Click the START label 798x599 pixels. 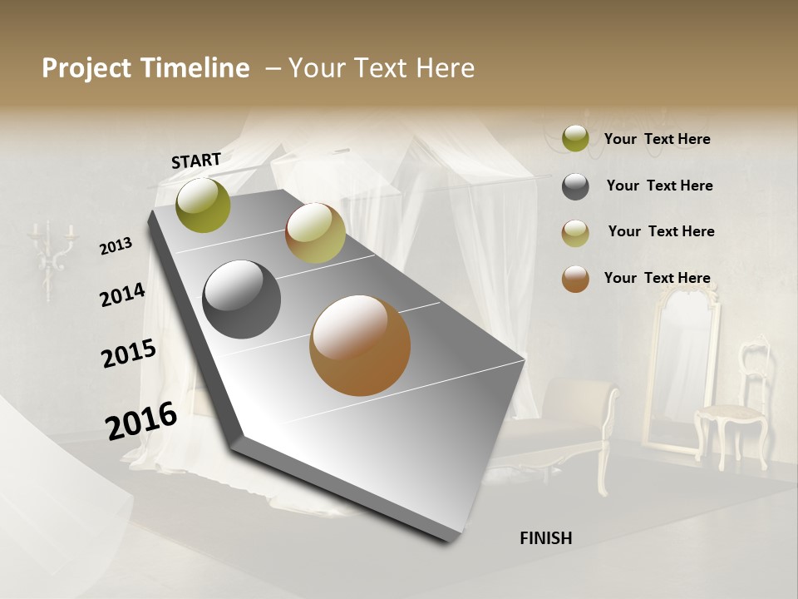pyautogui.click(x=196, y=161)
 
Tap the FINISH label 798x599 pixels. pyautogui.click(x=545, y=538)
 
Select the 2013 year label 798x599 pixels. pyautogui.click(x=116, y=245)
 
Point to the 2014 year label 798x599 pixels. pyautogui.click(x=122, y=295)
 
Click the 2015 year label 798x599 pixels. pyautogui.click(x=128, y=353)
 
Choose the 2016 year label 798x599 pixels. pyautogui.click(x=141, y=421)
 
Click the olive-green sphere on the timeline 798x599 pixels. pyautogui.click(x=203, y=205)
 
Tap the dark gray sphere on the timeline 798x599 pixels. pyautogui.click(x=241, y=299)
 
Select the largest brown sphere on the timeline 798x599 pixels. pyautogui.click(x=359, y=345)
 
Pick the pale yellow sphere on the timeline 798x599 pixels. pyautogui.click(x=315, y=233)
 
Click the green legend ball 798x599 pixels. pyautogui.click(x=575, y=139)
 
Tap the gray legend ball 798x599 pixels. pyautogui.click(x=575, y=186)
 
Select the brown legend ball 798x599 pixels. pyautogui.click(x=575, y=279)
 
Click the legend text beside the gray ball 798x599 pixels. pyautogui.click(x=659, y=186)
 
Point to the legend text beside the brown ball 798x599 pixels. pyautogui.click(x=657, y=278)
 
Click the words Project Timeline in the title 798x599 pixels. pyautogui.click(x=145, y=68)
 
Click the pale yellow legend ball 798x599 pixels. pyautogui.click(x=575, y=233)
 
